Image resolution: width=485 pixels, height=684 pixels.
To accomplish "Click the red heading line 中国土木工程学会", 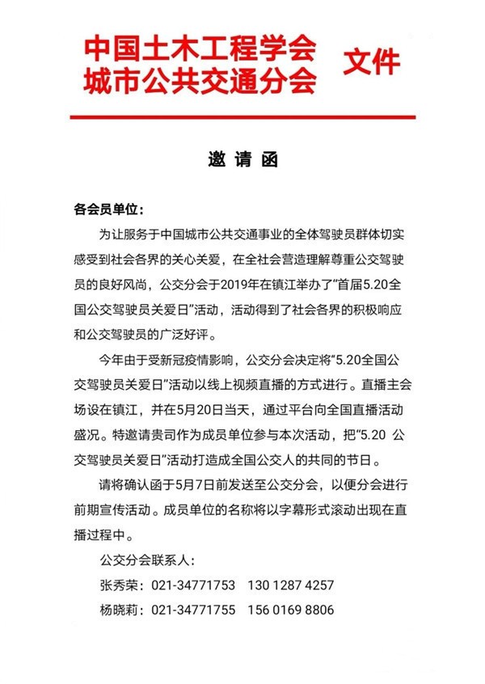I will click(x=198, y=51).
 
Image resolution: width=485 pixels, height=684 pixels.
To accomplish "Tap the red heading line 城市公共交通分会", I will click(x=198, y=81).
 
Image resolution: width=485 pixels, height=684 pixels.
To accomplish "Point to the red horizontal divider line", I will click(x=242, y=117).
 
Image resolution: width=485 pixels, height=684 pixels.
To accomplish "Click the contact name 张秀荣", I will click(x=116, y=585).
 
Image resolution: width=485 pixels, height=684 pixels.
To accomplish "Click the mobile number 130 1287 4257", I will click(x=291, y=585).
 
